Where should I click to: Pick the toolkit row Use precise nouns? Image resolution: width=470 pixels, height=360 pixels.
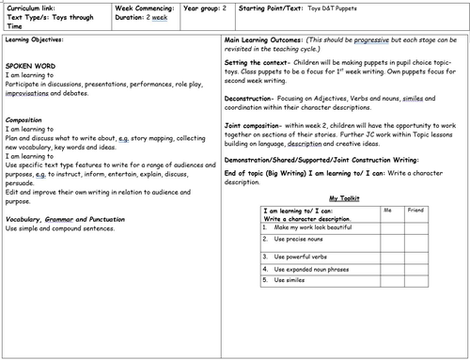(x=304, y=241)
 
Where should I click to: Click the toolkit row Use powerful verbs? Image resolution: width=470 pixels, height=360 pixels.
(x=305, y=256)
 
